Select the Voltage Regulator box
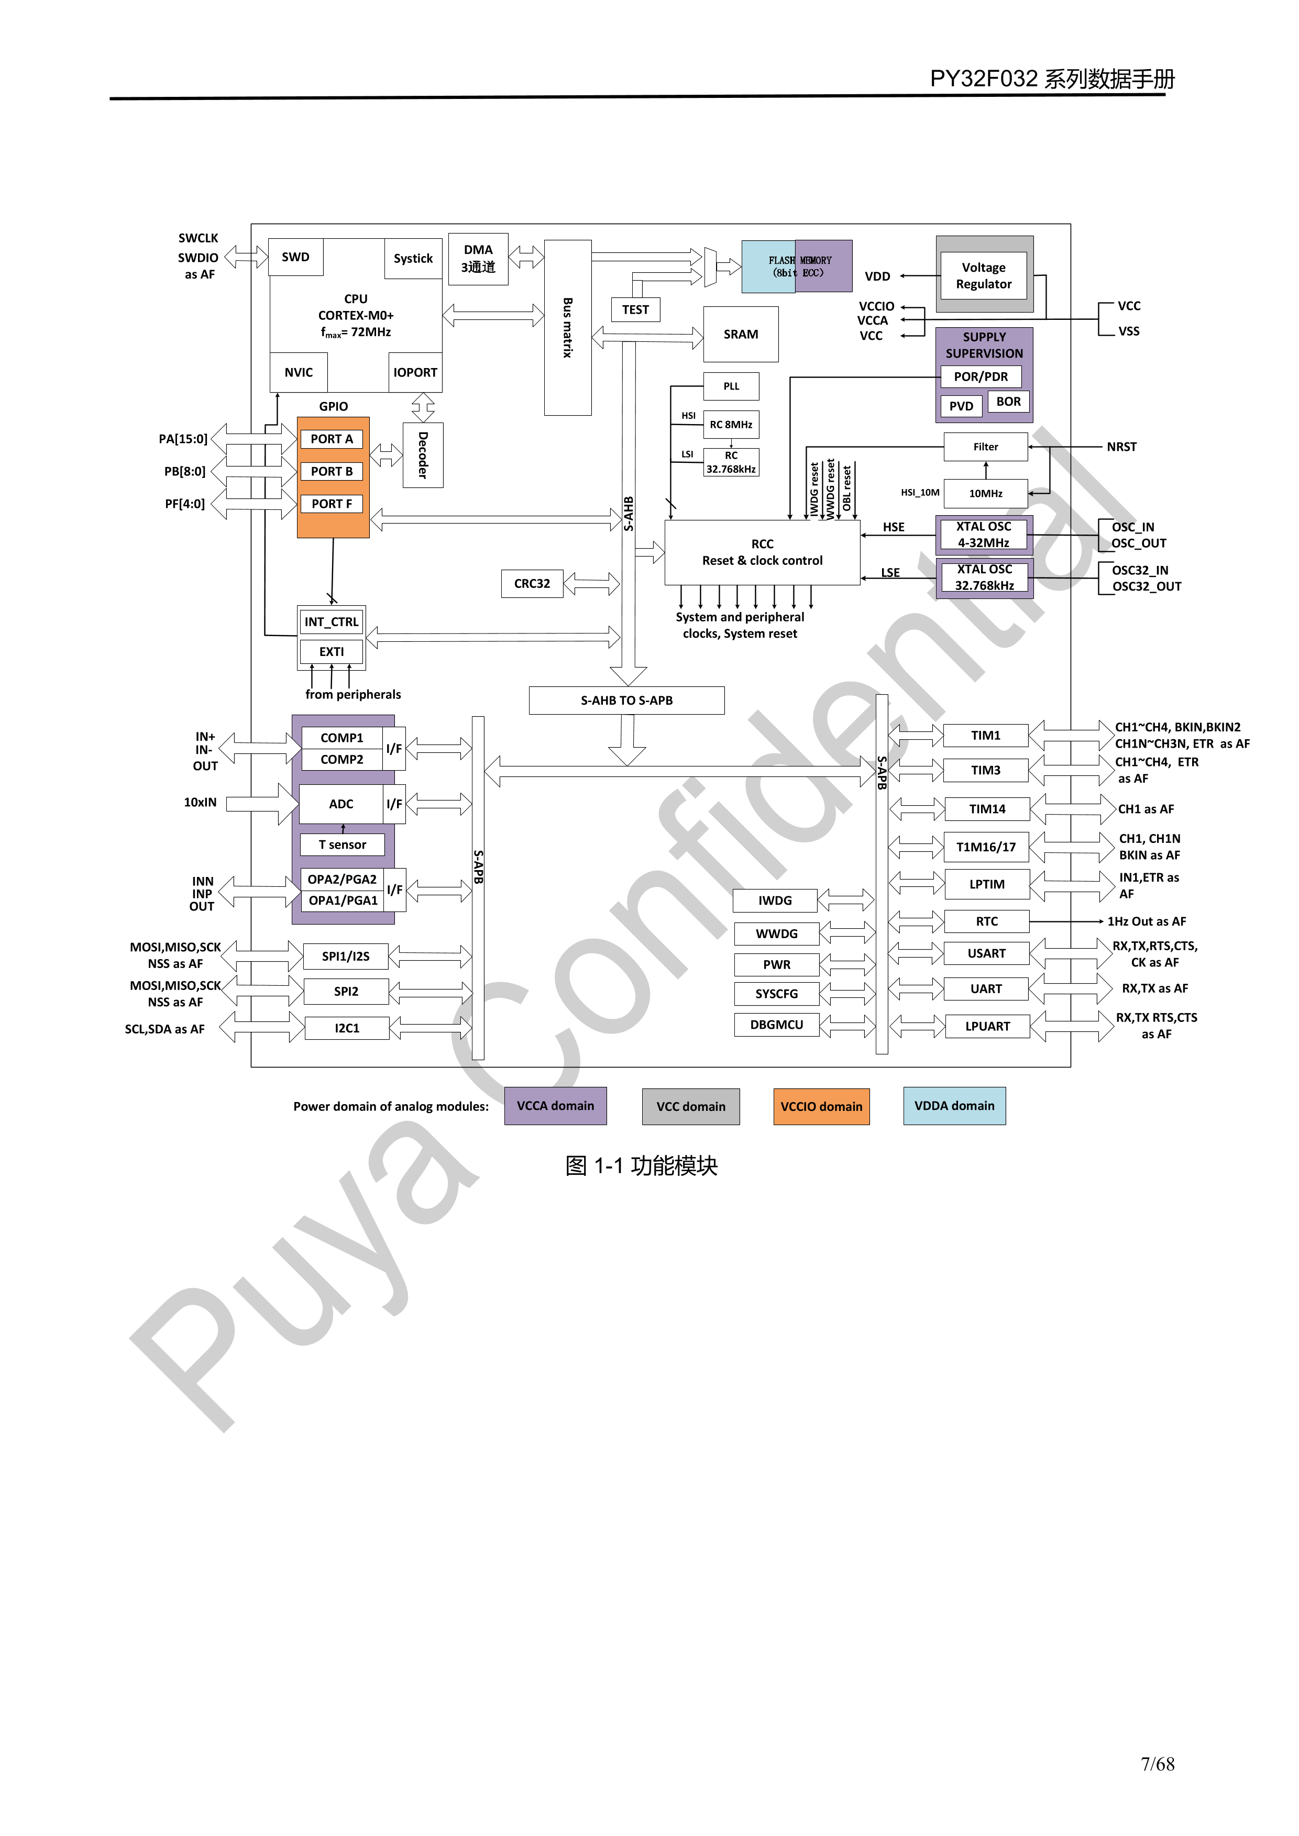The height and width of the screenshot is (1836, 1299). (x=984, y=276)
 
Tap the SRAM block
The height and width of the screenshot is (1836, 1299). (x=741, y=334)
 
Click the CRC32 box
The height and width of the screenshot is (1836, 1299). (x=532, y=584)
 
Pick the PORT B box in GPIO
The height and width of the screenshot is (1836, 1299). (x=331, y=472)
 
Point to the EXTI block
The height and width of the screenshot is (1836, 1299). (x=331, y=652)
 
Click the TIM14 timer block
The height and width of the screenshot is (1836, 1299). (x=987, y=809)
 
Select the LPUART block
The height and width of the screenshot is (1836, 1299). (x=987, y=1026)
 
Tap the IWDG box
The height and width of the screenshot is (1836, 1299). (x=775, y=900)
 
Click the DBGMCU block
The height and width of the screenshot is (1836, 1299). (x=776, y=1025)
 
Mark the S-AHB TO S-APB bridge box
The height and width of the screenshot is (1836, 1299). (x=626, y=700)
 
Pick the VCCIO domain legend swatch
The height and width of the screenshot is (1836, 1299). (x=821, y=1107)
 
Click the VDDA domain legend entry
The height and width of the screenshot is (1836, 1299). (x=954, y=1106)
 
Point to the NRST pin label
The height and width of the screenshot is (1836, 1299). (x=1121, y=447)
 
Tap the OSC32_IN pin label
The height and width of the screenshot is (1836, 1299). (x=1140, y=570)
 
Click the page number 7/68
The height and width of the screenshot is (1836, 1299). (x=1158, y=1764)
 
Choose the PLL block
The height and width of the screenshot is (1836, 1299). (x=731, y=386)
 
